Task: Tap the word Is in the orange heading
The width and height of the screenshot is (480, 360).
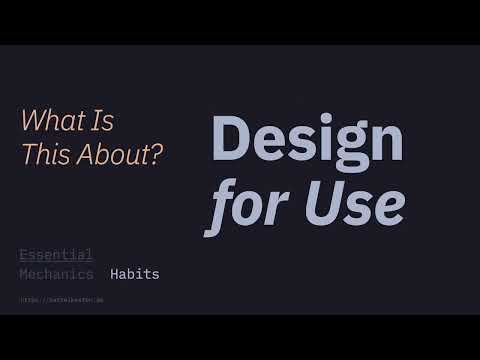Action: coord(104,123)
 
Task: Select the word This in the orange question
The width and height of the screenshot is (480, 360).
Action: coord(43,157)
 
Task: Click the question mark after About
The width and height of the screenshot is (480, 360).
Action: coord(157,157)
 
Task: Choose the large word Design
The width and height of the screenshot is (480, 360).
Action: coord(308,140)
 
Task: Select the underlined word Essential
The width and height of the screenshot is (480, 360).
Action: coord(56,254)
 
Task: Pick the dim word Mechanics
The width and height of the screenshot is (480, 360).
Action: coord(56,274)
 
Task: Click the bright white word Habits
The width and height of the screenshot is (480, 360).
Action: coord(134,274)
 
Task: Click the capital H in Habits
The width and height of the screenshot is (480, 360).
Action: coord(115,274)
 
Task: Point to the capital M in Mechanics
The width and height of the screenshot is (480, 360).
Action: coord(24,274)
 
